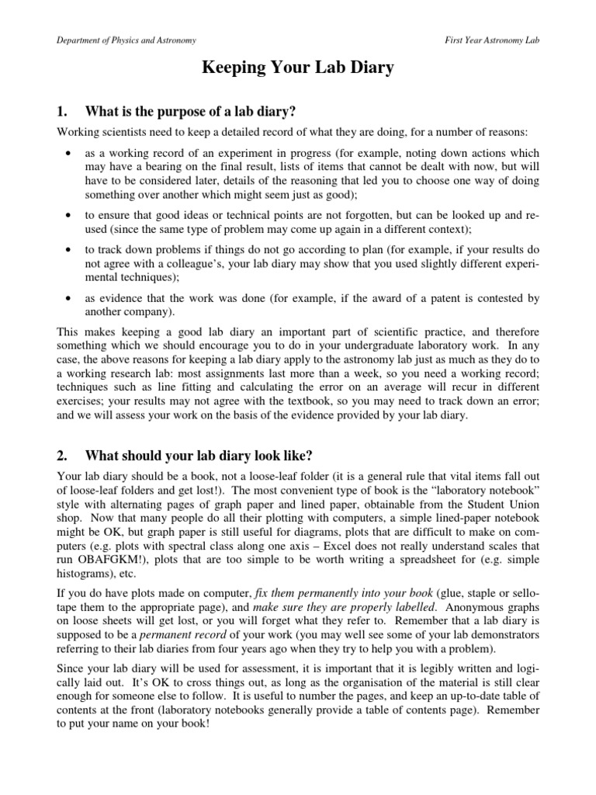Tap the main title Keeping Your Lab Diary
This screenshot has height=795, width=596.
(298, 69)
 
